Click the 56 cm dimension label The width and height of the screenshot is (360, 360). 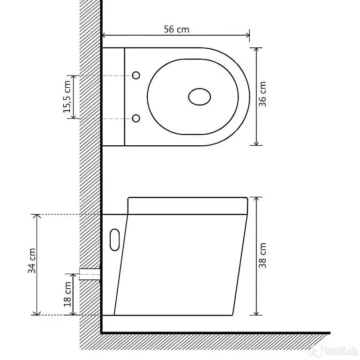tap(176, 30)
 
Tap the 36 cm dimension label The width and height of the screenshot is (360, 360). tap(262, 94)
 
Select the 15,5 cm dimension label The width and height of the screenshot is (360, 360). tap(67, 97)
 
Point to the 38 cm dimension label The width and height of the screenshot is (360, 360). tap(262, 255)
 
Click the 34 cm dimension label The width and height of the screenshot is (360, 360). tap(32, 261)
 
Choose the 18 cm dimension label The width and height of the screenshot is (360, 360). tap(67, 294)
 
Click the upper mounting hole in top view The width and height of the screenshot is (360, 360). tap(136, 75)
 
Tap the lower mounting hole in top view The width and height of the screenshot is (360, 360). tap(136, 119)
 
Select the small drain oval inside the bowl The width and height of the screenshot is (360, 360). tap(200, 97)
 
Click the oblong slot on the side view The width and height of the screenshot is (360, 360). tap(115, 240)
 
